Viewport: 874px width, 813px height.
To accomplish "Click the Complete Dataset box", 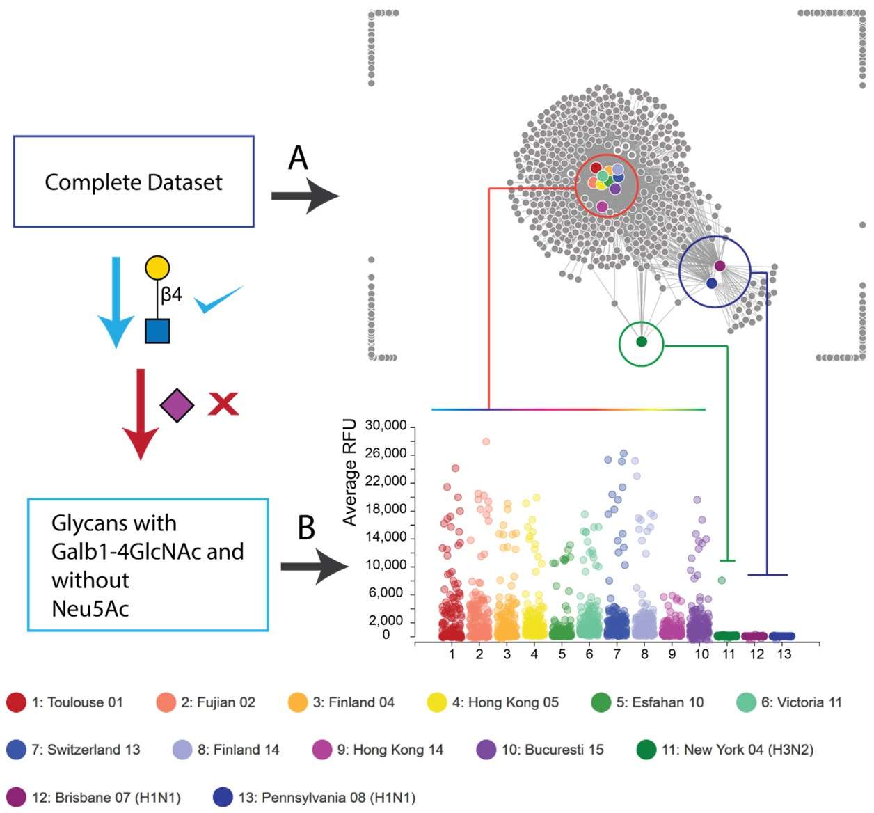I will click(134, 182).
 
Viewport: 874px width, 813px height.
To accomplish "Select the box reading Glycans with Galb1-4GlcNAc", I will click(148, 565).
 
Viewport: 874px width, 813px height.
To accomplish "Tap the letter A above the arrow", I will click(298, 158).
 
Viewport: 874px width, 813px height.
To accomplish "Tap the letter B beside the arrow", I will click(306, 528).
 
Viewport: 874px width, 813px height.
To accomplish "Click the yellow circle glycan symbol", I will click(157, 268).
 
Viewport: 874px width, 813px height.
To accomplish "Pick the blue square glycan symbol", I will click(157, 331).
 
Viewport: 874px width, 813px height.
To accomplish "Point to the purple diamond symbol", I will click(177, 405).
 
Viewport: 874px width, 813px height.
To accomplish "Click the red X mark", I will click(223, 404).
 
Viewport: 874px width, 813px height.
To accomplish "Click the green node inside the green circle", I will click(642, 342).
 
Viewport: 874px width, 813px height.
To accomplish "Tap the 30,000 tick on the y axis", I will click(386, 426).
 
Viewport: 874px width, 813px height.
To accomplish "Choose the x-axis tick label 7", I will click(617, 654).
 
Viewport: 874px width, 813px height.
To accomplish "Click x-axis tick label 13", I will click(784, 654).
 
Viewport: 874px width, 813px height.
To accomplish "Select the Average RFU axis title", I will click(349, 472).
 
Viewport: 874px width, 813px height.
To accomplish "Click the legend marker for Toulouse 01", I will click(16, 702).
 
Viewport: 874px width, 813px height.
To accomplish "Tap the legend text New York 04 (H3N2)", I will click(737, 750).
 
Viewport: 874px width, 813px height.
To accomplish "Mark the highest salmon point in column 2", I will click(486, 441).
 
